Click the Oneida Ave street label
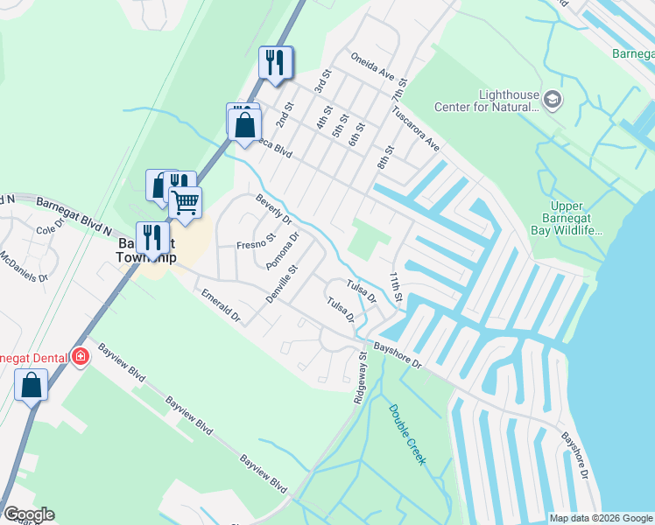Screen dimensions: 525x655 coord(374,66)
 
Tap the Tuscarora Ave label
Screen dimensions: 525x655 coord(416,129)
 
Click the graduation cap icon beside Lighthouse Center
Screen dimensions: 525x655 coord(553,101)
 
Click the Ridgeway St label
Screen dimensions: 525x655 coord(361,376)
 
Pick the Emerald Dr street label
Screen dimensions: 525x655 coord(220,307)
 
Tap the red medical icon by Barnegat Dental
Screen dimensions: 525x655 coord(81,357)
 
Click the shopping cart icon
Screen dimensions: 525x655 coord(185,202)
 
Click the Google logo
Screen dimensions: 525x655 coord(29,514)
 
